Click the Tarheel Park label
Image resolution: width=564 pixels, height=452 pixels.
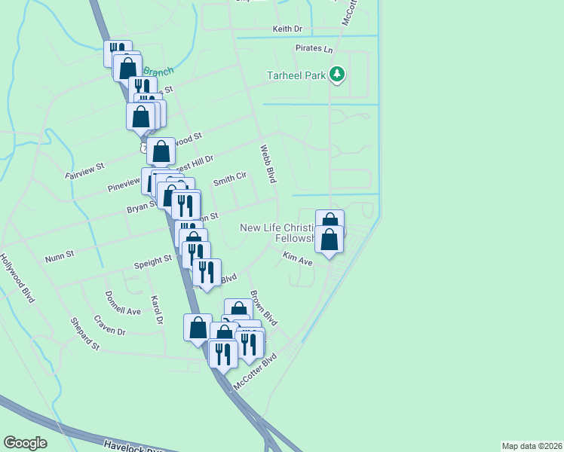coord(296,75)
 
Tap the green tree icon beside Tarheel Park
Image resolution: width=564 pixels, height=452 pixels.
coord(337,75)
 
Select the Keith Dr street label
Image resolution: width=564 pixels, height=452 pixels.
coord(287,29)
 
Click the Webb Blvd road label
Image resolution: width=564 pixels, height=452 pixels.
coord(267,163)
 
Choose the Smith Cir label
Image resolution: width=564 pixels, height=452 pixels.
coord(230,179)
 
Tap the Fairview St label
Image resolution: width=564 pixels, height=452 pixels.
coord(84,169)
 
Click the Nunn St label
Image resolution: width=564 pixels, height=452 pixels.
coord(58,255)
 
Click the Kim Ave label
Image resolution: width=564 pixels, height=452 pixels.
coord(297,259)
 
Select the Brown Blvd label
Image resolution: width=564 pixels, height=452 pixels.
coord(264,308)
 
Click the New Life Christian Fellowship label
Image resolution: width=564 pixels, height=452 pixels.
coord(287,233)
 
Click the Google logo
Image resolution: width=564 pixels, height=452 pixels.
coord(25,442)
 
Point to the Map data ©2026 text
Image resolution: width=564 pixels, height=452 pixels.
coord(532,445)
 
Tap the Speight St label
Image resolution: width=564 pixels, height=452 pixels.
coord(152,261)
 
